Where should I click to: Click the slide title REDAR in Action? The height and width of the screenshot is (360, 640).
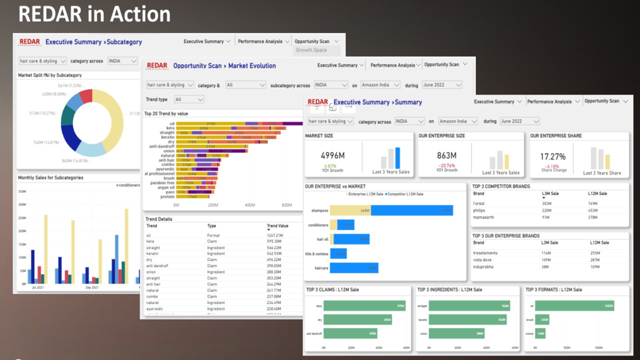[94, 14]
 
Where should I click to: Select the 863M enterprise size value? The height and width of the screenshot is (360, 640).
[446, 156]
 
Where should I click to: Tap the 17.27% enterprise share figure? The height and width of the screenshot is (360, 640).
[552, 156]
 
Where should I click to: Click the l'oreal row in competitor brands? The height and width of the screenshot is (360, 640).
[479, 203]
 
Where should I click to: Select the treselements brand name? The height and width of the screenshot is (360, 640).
[485, 253]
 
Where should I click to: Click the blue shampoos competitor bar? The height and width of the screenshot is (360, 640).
[411, 211]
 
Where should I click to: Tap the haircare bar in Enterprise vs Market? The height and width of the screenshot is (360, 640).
[354, 268]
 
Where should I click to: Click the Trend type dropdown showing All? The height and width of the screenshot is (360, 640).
[188, 99]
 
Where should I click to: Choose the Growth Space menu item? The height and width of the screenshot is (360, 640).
[311, 50]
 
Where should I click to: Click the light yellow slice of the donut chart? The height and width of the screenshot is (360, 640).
[112, 120]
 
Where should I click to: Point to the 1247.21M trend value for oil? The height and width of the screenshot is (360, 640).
[274, 235]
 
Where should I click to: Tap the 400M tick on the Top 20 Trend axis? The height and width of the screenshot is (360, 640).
[250, 205]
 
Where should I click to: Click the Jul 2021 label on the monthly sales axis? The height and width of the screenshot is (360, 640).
[37, 287]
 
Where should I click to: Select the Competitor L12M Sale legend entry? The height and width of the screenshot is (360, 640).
[405, 194]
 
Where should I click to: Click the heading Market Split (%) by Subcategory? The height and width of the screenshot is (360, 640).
[50, 75]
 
